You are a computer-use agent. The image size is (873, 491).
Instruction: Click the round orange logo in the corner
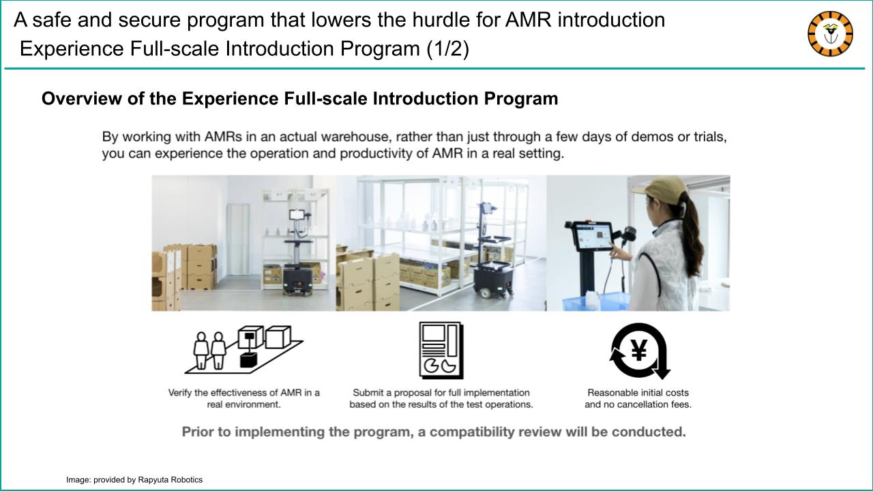830,34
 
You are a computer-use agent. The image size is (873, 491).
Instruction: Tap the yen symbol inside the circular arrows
639,350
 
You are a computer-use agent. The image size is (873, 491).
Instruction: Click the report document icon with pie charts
441,351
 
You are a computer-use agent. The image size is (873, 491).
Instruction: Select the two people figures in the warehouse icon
209,351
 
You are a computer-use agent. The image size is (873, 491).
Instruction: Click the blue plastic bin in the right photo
595,301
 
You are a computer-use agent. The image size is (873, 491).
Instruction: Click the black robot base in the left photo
298,280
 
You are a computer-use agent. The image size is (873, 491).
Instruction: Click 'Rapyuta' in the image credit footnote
151,480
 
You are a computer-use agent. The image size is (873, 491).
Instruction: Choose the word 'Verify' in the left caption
180,393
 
